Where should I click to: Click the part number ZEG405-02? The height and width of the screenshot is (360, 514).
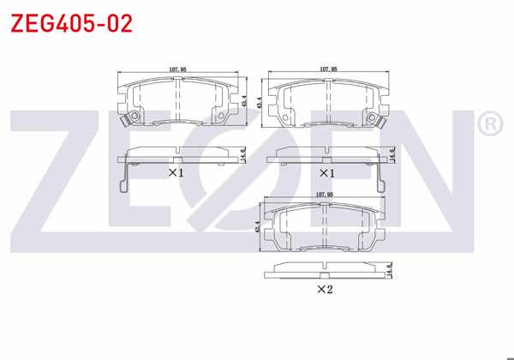pos(71,23)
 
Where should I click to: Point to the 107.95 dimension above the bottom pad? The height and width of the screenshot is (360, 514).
pos(325,195)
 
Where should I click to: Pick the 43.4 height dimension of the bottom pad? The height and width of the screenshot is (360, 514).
pos(259,229)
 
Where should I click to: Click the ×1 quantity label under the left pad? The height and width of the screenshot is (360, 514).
pos(176,172)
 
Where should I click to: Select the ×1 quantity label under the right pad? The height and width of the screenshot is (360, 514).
pos(326,173)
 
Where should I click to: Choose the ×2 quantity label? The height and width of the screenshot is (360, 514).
pos(325,290)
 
